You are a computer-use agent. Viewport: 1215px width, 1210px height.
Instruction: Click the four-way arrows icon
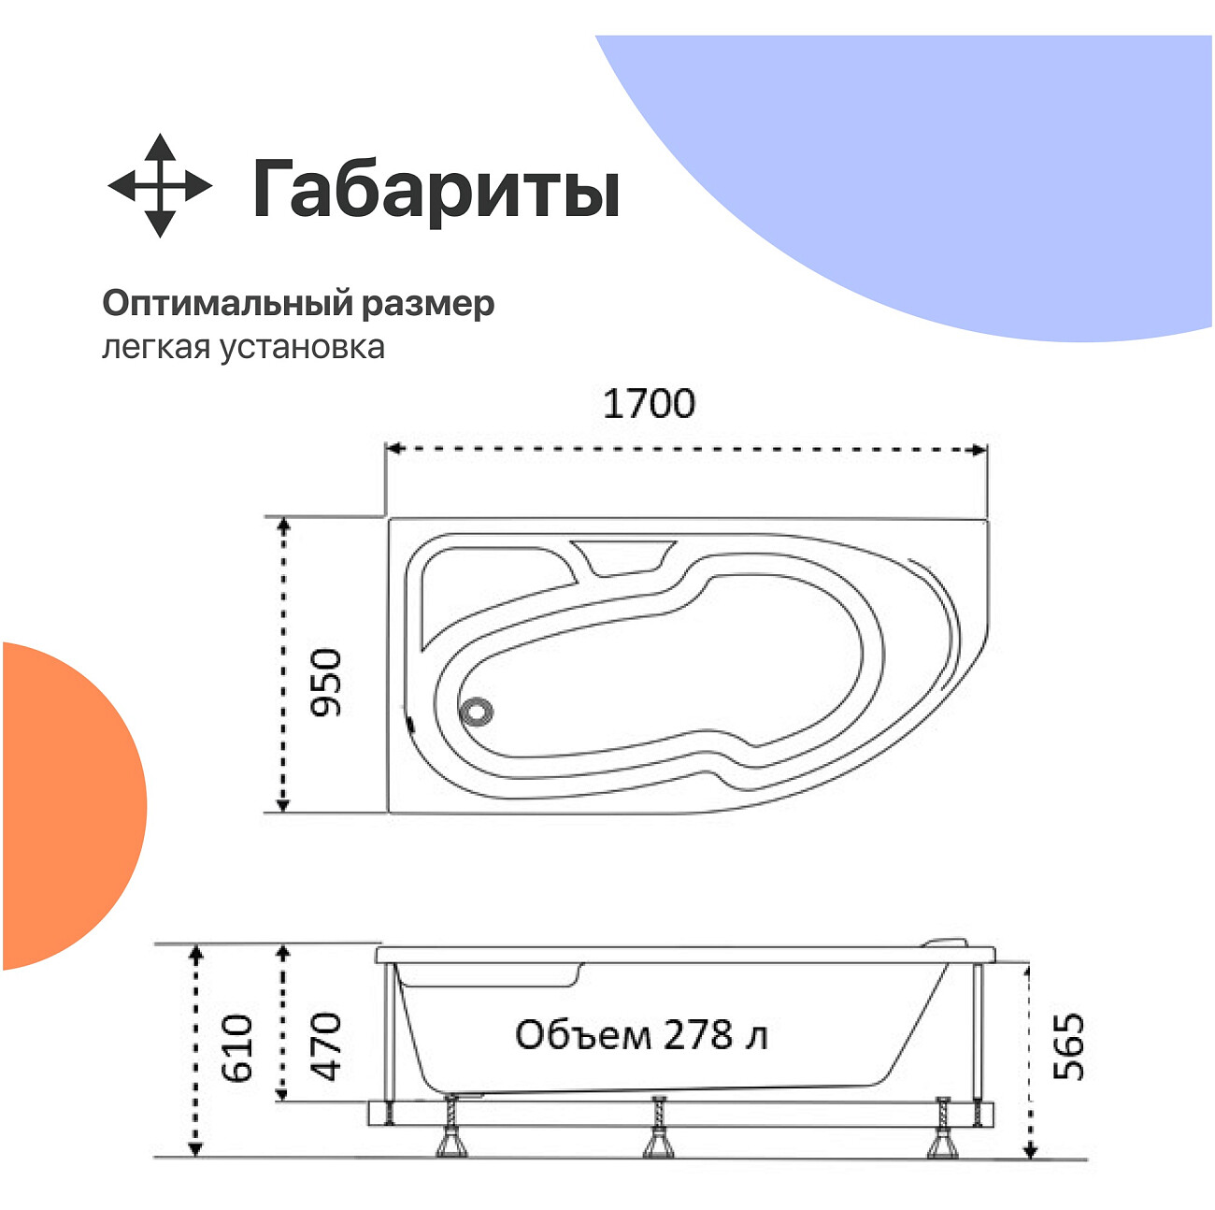(x=160, y=185)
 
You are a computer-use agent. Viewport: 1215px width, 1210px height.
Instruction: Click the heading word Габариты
(x=436, y=189)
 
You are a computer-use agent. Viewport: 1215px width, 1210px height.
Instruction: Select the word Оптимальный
(x=227, y=303)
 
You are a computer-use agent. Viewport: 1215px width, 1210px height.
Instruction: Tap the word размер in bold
(x=427, y=304)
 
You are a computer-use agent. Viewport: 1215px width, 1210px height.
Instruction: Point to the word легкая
(x=156, y=347)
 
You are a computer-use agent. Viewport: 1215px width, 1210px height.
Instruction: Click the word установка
(x=302, y=347)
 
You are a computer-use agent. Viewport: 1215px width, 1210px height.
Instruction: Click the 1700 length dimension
(x=649, y=404)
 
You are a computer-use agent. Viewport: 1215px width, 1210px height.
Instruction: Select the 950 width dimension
(x=327, y=682)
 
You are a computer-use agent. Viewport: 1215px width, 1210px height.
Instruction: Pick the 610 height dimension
(x=237, y=1047)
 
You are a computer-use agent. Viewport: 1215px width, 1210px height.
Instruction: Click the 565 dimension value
(x=1069, y=1046)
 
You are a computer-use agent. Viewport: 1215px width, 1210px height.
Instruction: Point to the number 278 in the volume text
(x=698, y=1035)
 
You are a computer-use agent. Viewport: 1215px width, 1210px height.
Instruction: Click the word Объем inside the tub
(x=582, y=1035)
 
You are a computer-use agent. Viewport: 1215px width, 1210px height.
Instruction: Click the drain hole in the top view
(x=477, y=712)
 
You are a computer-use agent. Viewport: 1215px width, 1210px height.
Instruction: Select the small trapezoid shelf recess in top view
(x=622, y=556)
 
